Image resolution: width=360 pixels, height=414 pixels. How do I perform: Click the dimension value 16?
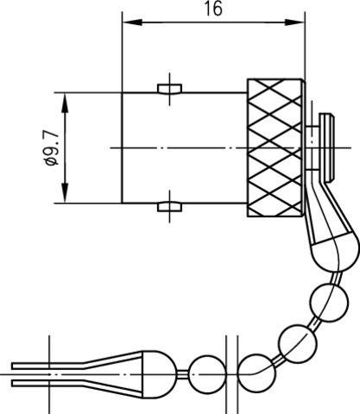[x=213, y=9]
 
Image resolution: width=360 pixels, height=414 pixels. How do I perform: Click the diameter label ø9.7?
[x=52, y=148]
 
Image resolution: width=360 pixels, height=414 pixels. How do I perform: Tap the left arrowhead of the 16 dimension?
[x=132, y=22]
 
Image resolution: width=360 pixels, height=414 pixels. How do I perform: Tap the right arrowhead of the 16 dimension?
[x=294, y=22]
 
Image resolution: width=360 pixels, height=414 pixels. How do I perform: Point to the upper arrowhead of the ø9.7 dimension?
[x=66, y=103]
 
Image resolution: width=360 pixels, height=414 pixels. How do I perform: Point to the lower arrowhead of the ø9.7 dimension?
[x=66, y=193]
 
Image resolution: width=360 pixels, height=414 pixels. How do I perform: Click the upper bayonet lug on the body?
[x=170, y=89]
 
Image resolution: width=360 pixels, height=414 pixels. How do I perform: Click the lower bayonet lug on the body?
[x=170, y=207]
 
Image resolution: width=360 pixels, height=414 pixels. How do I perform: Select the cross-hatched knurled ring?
[x=275, y=147]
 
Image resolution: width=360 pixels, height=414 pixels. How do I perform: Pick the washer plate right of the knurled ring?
[x=326, y=147]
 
